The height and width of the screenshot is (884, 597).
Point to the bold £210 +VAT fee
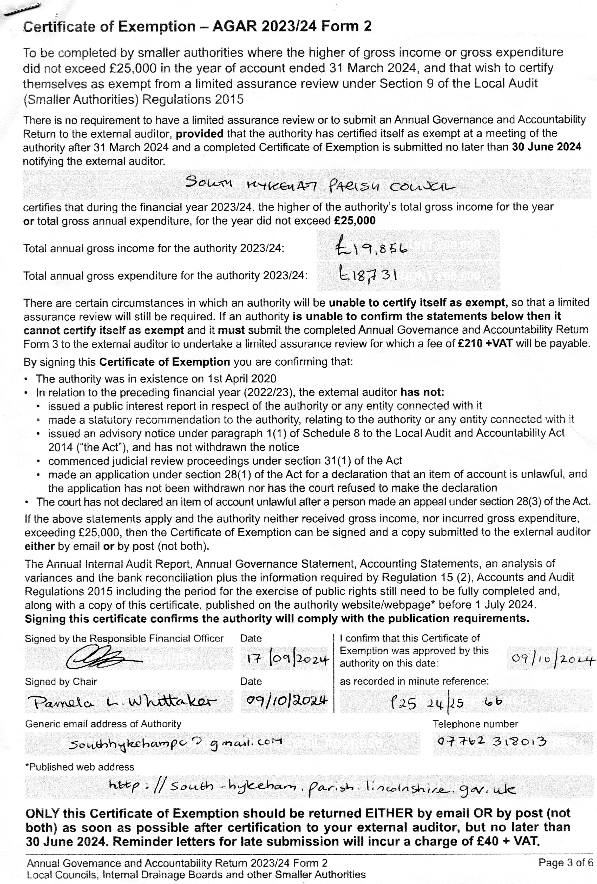(485, 344)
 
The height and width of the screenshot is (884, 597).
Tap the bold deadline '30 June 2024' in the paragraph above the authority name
(546, 147)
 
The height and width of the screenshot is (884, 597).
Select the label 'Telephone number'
(475, 724)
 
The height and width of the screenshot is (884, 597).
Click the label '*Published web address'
(80, 767)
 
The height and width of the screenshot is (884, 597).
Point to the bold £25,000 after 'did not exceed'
(354, 221)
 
